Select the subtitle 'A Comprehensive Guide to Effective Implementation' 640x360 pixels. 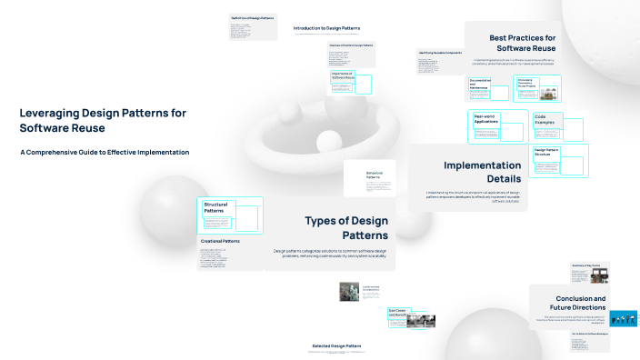(105, 152)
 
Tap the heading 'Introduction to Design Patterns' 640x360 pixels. (327, 28)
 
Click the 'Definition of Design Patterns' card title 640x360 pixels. (253, 17)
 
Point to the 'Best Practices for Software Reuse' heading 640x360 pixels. (524, 43)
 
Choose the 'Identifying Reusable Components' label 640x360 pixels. (440, 53)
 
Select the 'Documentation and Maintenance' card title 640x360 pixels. (480, 84)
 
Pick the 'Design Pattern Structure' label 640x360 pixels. (547, 152)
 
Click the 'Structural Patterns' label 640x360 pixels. (217, 207)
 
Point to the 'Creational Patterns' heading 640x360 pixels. (220, 241)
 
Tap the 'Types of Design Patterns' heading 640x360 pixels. (345, 228)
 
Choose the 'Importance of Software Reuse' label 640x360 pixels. (342, 75)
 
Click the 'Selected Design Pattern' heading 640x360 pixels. (337, 346)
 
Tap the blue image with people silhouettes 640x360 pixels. (624, 319)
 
